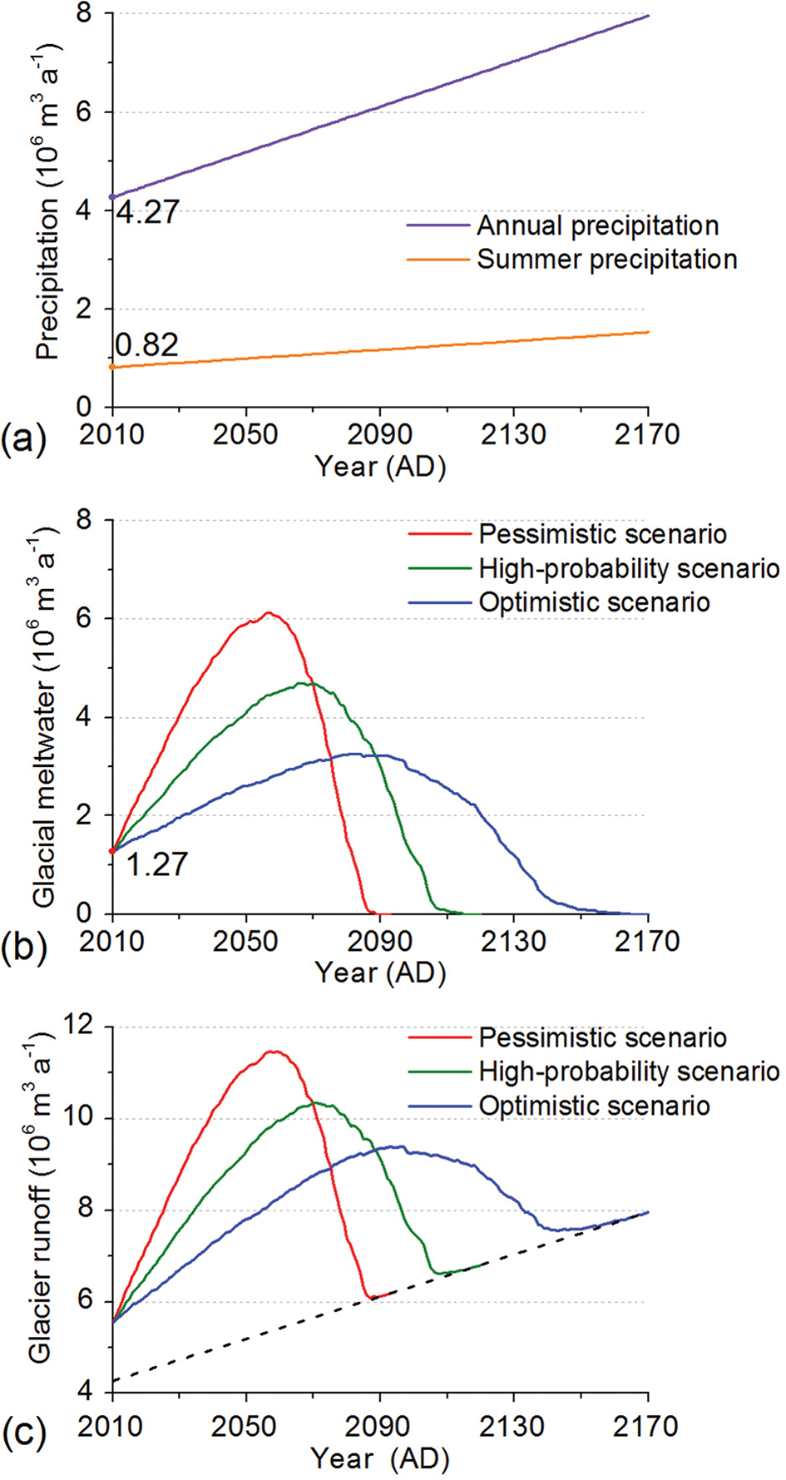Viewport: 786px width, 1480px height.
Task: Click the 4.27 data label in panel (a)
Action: point(147,212)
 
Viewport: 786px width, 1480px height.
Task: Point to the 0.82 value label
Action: point(146,344)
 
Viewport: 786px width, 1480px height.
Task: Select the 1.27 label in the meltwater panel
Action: point(157,864)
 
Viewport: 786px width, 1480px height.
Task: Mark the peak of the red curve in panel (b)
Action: point(268,613)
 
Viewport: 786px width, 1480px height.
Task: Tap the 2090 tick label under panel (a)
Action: point(379,434)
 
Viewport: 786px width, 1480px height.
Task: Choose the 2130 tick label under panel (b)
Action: point(513,942)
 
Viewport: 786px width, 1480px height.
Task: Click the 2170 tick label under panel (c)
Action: point(647,1426)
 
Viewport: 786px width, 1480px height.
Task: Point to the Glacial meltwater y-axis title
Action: point(45,716)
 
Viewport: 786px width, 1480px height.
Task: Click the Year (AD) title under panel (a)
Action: point(380,467)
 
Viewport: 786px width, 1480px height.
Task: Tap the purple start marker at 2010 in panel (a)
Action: point(112,197)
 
